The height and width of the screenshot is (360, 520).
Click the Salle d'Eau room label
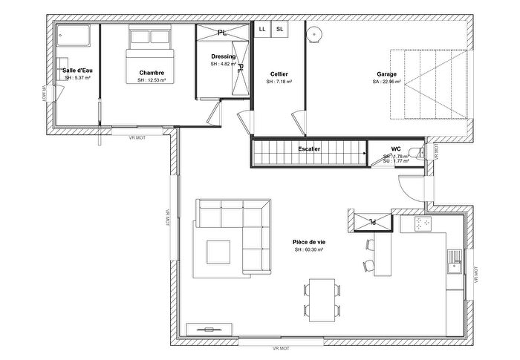coord(77,70)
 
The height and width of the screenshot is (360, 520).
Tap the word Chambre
coord(151,73)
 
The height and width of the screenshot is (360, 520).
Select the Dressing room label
coord(223,56)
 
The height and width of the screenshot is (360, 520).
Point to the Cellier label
coord(279,73)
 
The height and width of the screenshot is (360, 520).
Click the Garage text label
coord(386,74)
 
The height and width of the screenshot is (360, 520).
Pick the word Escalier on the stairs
coord(310,149)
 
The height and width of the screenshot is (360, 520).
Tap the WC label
coord(396,148)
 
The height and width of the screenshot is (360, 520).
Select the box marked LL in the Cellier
coord(262,29)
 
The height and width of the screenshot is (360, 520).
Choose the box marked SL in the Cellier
coord(279,29)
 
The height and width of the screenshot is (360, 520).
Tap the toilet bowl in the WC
coord(420,154)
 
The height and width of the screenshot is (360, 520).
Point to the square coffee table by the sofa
coord(218,250)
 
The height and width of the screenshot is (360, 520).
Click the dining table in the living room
coord(322,300)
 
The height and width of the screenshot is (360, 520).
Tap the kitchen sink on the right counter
coord(454,260)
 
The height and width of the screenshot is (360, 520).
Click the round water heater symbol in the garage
coord(315,33)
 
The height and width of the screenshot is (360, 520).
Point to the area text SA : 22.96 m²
coord(386,82)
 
